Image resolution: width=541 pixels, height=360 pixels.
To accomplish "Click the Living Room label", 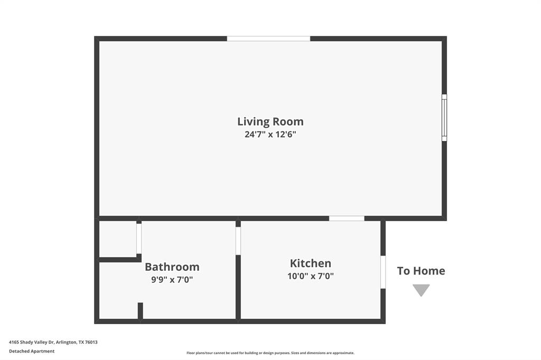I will tap(270, 121).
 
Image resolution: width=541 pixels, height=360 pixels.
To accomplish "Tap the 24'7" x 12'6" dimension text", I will tap(270, 134).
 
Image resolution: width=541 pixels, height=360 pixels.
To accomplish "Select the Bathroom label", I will tap(172, 267).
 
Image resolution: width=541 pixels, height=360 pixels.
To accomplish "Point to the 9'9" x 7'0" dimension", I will tap(172, 280).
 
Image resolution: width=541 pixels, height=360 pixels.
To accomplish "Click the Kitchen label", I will tap(311, 263).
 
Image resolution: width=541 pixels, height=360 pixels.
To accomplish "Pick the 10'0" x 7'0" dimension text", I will tap(311, 276).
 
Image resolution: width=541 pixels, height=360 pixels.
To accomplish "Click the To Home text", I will tap(421, 271).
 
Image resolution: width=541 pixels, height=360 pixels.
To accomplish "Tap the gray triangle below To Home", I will tap(421, 290).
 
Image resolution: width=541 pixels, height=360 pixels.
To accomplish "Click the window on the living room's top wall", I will tap(268, 39).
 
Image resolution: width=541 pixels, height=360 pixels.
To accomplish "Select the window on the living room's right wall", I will tap(444, 118).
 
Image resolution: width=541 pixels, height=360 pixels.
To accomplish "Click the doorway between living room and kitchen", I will tap(347, 218).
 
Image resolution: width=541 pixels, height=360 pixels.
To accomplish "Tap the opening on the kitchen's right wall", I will tap(383, 272).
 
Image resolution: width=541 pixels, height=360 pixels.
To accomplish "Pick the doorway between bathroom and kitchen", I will tap(238, 241).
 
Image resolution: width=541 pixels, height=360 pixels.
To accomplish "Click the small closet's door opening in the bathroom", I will tap(139, 239).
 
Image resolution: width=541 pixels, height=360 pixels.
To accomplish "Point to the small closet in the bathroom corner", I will tap(118, 239).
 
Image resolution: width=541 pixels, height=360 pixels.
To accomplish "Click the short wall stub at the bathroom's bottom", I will tap(140, 310).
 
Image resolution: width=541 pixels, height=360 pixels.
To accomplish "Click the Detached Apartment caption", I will tap(32, 351).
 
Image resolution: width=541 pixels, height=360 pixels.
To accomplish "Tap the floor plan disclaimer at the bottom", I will tap(270, 353).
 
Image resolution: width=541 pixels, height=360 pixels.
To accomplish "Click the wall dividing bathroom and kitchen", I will tap(238, 288).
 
